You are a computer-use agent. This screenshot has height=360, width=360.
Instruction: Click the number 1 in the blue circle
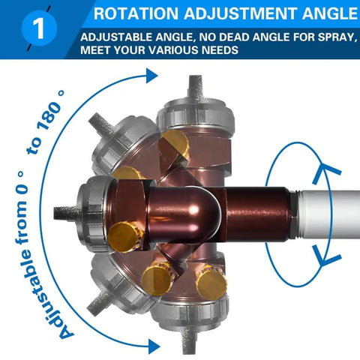(39, 28)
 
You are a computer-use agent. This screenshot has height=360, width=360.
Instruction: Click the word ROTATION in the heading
(136, 13)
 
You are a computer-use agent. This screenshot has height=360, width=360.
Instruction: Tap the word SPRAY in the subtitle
(337, 37)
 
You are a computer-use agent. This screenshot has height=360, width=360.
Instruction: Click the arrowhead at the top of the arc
(151, 75)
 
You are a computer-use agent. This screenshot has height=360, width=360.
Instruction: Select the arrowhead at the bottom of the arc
(154, 346)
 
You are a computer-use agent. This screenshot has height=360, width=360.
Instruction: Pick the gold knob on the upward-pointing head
(175, 142)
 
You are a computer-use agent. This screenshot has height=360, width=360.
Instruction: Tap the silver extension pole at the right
(325, 214)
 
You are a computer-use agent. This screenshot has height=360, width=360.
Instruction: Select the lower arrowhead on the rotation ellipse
(326, 255)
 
